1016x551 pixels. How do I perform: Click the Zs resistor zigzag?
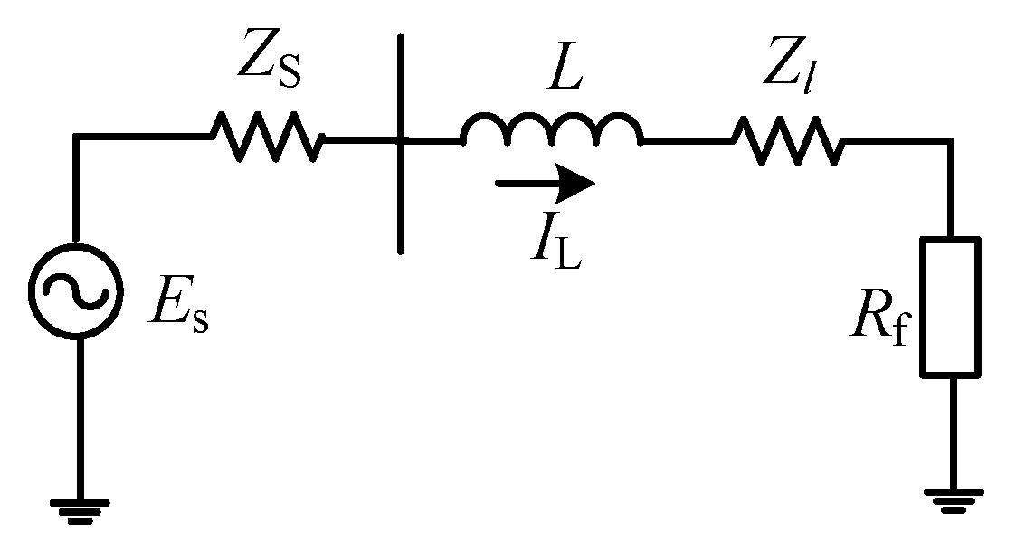[x=267, y=138]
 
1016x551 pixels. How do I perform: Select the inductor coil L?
[x=552, y=131]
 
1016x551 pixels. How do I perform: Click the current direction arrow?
[x=546, y=183]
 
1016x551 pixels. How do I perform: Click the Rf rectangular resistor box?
[x=950, y=307]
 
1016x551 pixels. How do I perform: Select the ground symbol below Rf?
[x=950, y=497]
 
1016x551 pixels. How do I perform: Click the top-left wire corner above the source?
[x=76, y=138]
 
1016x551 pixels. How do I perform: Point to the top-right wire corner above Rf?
[x=950, y=140]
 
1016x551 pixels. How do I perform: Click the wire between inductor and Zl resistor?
[x=688, y=140]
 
